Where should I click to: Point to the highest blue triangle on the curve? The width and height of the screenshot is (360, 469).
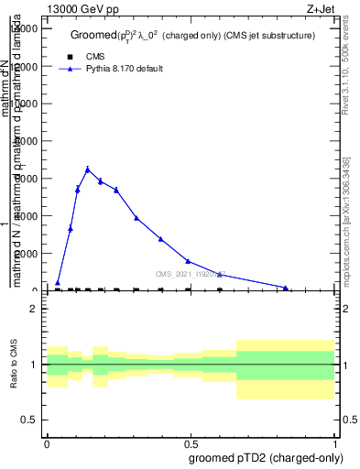pyautogui.click(x=88, y=169)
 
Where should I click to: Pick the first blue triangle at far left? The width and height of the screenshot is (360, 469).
pyautogui.click(x=58, y=283)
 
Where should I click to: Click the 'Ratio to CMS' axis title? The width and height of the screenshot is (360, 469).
pyautogui.click(x=15, y=365)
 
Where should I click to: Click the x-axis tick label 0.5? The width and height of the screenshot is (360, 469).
pyautogui.click(x=191, y=442)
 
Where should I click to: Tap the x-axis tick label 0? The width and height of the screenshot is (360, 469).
pyautogui.click(x=47, y=442)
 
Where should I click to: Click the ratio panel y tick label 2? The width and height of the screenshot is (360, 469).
pyautogui.click(x=33, y=310)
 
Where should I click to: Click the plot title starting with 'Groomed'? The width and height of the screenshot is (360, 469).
pyautogui.click(x=192, y=36)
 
